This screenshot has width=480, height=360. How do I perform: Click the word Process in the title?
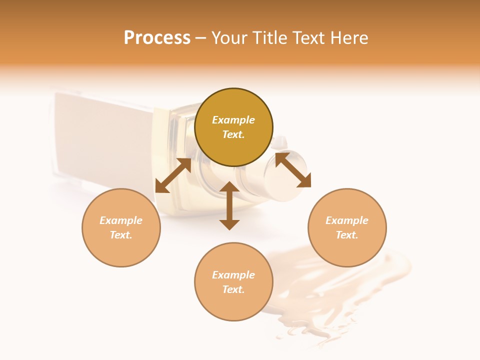coord(157,38)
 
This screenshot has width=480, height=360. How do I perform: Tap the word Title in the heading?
coord(283,38)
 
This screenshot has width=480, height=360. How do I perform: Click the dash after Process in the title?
coord(200,38)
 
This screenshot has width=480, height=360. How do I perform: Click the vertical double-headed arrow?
coord(229,205)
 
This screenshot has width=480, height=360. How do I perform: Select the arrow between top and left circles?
coord(173,175)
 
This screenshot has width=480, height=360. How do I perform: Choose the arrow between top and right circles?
coord(293,170)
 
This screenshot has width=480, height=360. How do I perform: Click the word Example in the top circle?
coord(233,120)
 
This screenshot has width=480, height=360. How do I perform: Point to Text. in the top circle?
coord(233,134)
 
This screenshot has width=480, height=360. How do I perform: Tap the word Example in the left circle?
coord(121,220)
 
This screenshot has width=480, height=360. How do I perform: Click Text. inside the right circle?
coord(347,235)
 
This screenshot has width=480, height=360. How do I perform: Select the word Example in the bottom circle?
coord(233,275)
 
